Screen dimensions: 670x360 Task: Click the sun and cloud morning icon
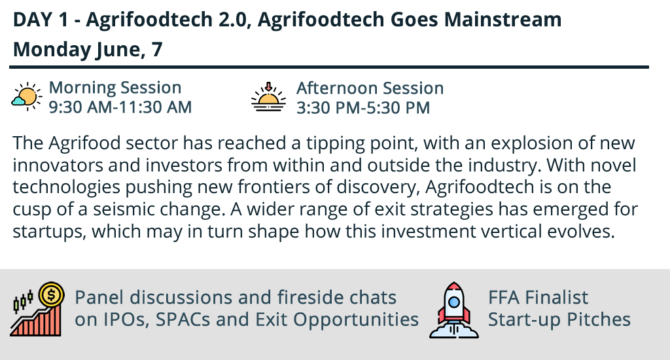pos(26,97)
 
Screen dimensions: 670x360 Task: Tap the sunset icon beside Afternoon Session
pos(268,97)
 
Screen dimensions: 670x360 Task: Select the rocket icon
pos(454,310)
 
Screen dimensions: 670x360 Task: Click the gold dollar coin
pos(51,294)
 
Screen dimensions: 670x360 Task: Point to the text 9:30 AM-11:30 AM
pos(120,107)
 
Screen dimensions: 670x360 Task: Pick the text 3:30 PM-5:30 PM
pos(363,108)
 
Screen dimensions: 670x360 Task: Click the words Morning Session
pos(115,88)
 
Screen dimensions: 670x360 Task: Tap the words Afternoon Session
pos(370,88)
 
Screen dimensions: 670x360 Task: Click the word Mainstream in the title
pos(503,20)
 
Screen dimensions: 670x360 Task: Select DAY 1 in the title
pos(40,20)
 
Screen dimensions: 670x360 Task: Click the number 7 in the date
pos(157,49)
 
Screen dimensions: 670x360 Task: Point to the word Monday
pos(52,50)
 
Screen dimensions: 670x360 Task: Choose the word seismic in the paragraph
pos(123,209)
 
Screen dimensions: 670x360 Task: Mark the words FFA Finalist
pos(538,298)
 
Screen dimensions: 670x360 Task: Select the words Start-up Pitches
pos(559,320)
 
